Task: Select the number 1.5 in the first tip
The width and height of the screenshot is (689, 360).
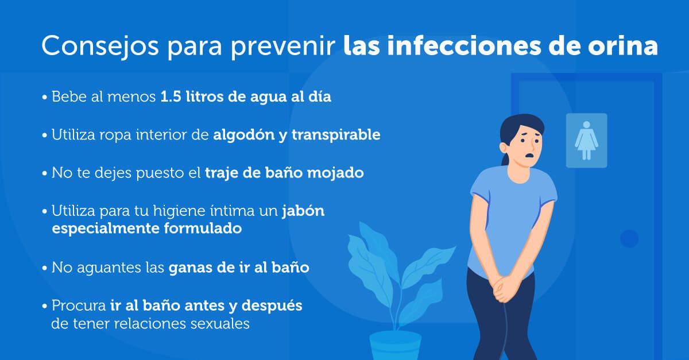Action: click(x=172, y=96)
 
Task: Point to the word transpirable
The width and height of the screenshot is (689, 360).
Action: click(x=336, y=136)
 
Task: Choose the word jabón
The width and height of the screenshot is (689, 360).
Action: click(x=303, y=211)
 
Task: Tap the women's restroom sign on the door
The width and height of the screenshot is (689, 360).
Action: click(x=586, y=140)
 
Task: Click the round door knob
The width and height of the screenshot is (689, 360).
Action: click(x=630, y=238)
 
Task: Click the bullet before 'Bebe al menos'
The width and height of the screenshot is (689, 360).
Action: click(x=45, y=97)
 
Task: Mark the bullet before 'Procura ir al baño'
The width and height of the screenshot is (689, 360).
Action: click(x=45, y=305)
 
